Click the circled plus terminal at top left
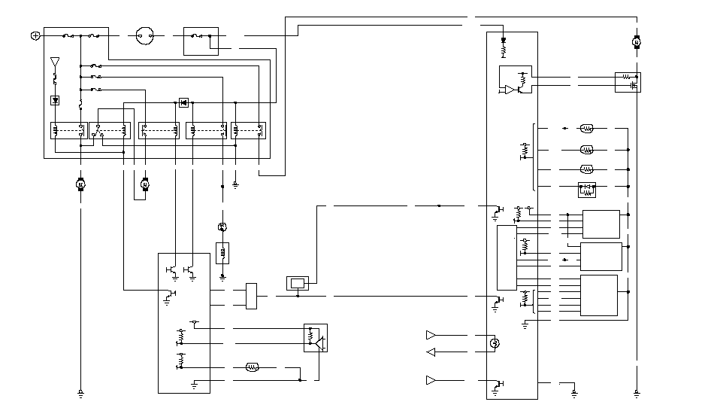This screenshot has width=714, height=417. [35, 35]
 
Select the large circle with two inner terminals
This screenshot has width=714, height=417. [144, 35]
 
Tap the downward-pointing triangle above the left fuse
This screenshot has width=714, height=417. [54, 61]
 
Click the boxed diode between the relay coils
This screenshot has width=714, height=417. [183, 102]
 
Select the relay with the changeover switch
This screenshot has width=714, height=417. [110, 130]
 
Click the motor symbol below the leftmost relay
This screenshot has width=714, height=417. [80, 184]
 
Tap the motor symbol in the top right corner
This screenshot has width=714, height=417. [636, 42]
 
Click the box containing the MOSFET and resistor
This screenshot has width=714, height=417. [628, 82]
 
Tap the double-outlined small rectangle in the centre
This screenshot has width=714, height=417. [298, 283]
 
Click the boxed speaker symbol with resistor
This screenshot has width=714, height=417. [316, 338]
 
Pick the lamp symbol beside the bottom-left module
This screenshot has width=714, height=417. [253, 367]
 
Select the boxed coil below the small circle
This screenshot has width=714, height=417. [222, 252]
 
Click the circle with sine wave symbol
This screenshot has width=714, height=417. [495, 344]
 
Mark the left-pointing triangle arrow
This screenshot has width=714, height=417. [431, 352]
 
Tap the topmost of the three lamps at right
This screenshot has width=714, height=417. [587, 129]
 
